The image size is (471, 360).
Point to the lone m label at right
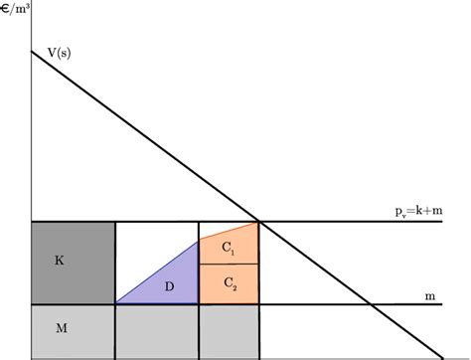click(x=429, y=295)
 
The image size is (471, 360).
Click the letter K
click(x=59, y=262)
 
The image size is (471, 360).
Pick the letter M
click(x=59, y=331)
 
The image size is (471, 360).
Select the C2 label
click(x=230, y=283)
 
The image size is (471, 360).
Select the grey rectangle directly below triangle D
click(x=157, y=331)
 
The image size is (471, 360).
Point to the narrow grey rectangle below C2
click(x=229, y=331)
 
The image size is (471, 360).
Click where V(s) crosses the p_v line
click(x=259, y=221)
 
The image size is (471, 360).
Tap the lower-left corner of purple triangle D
click(x=116, y=303)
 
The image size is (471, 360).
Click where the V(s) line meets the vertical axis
click(x=33, y=50)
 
